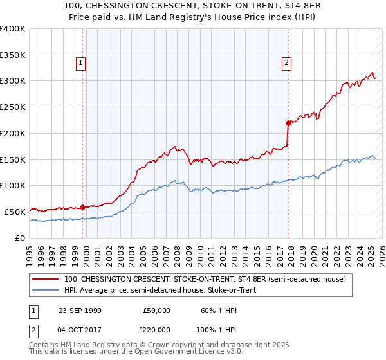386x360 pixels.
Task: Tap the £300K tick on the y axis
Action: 13,81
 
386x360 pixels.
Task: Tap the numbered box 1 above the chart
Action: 80,63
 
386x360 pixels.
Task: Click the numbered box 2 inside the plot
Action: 286,63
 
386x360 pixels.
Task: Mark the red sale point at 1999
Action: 83,207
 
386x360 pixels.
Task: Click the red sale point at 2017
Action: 288,123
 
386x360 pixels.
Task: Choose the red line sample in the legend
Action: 46,280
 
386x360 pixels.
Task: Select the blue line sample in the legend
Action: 46,290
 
